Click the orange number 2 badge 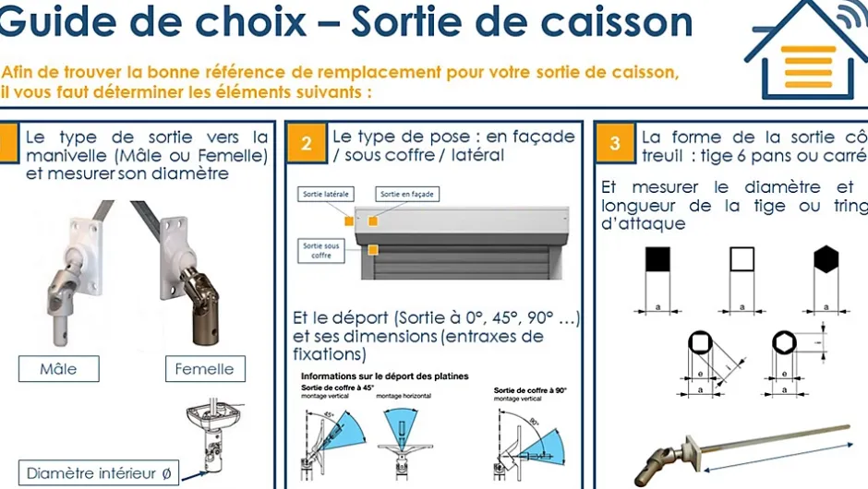tap(307, 143)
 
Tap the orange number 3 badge tap(616, 143)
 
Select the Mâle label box tap(58, 369)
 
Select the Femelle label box tap(204, 369)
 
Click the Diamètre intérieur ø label tap(98, 473)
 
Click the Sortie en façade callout tap(407, 195)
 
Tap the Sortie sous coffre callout tap(321, 250)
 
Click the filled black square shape tap(656, 260)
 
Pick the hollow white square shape tap(741, 260)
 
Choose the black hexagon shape tap(827, 260)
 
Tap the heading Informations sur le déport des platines tap(384, 376)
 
